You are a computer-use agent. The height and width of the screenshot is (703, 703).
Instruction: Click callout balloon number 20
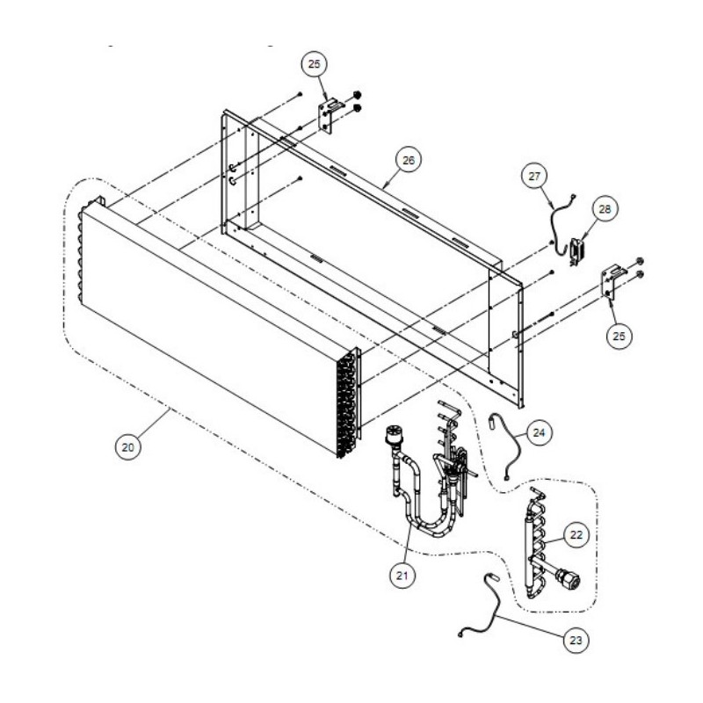coord(127,447)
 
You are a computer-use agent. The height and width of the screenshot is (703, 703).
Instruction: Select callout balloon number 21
coord(402,575)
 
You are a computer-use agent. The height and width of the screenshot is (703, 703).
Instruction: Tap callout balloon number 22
coord(576,535)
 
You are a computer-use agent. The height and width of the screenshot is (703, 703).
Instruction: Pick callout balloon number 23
coord(576,640)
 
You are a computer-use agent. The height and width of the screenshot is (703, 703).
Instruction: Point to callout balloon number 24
coord(539,432)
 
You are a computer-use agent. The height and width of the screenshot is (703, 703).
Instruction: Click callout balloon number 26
coord(409,160)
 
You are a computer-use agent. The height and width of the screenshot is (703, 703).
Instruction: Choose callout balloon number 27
coord(534,177)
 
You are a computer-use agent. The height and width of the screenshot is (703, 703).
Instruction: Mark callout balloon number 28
coord(605,209)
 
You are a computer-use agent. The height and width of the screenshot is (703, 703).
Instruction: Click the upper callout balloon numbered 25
coord(315,64)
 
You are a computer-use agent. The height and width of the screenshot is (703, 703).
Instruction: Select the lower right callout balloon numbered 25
coord(619,336)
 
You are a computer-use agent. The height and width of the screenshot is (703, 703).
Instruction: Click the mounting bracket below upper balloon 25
coord(328,116)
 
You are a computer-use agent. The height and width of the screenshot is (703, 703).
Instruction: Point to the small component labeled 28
coord(575,252)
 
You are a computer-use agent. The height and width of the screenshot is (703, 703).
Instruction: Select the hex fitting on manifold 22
coord(569,577)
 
